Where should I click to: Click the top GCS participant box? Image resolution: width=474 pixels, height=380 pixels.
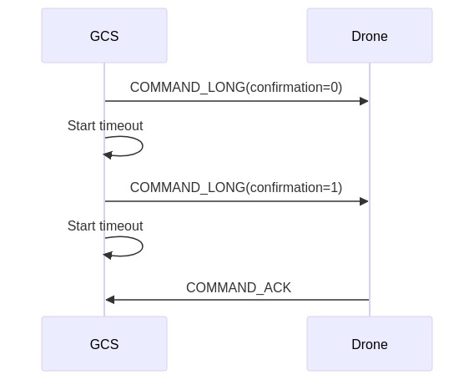click(x=104, y=36)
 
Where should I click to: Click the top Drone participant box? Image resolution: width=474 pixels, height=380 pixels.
click(x=370, y=36)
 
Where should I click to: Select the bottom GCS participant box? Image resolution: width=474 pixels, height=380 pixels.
click(x=104, y=344)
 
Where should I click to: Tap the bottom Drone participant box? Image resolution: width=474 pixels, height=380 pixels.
click(x=370, y=344)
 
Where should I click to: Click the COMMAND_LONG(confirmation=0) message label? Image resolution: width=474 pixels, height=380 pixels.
click(x=236, y=88)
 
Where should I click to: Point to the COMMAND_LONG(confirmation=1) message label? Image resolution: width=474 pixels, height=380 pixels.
click(x=236, y=188)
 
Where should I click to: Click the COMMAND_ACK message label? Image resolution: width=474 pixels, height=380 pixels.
click(x=239, y=288)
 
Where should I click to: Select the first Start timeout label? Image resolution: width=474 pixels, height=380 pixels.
click(x=105, y=125)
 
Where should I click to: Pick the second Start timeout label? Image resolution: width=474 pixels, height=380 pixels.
click(x=105, y=225)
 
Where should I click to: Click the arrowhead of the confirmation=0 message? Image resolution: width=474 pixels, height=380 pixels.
click(x=365, y=101)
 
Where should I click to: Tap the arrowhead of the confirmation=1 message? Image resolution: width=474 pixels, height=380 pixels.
click(x=365, y=201)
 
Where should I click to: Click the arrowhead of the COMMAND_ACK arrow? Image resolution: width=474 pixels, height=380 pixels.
click(x=109, y=300)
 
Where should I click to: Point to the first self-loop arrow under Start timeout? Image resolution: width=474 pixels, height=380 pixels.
click(x=143, y=146)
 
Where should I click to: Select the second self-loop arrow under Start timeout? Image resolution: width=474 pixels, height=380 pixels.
click(x=143, y=246)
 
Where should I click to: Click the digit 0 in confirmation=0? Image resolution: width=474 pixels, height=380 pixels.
click(x=335, y=87)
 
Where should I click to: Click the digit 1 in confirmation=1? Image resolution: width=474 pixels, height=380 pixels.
click(x=335, y=187)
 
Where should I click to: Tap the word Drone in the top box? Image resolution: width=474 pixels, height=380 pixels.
click(x=370, y=36)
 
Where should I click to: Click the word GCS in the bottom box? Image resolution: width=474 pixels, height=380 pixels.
click(x=104, y=344)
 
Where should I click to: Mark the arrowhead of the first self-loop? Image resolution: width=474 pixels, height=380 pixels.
click(x=108, y=155)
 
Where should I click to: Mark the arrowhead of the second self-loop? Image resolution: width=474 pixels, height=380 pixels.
click(x=108, y=256)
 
